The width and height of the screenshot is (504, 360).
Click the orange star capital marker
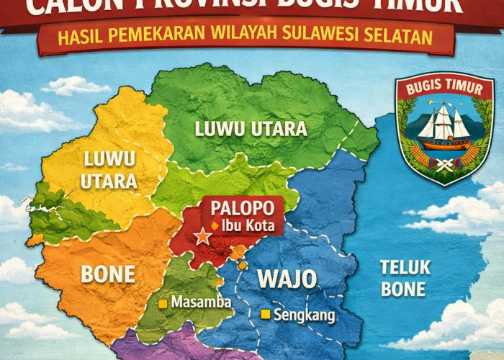(203, 235)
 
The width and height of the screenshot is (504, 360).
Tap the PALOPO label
(242, 209)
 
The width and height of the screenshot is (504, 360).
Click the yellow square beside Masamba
(163, 303)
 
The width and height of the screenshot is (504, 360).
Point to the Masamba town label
(201, 302)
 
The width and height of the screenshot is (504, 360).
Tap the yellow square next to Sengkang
(266, 314)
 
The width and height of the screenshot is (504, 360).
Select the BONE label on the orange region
(109, 274)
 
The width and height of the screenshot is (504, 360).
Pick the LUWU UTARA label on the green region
(251, 130)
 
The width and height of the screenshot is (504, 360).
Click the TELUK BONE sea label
(405, 279)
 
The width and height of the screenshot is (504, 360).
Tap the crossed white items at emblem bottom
(444, 163)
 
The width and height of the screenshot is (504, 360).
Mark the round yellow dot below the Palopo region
(243, 266)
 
